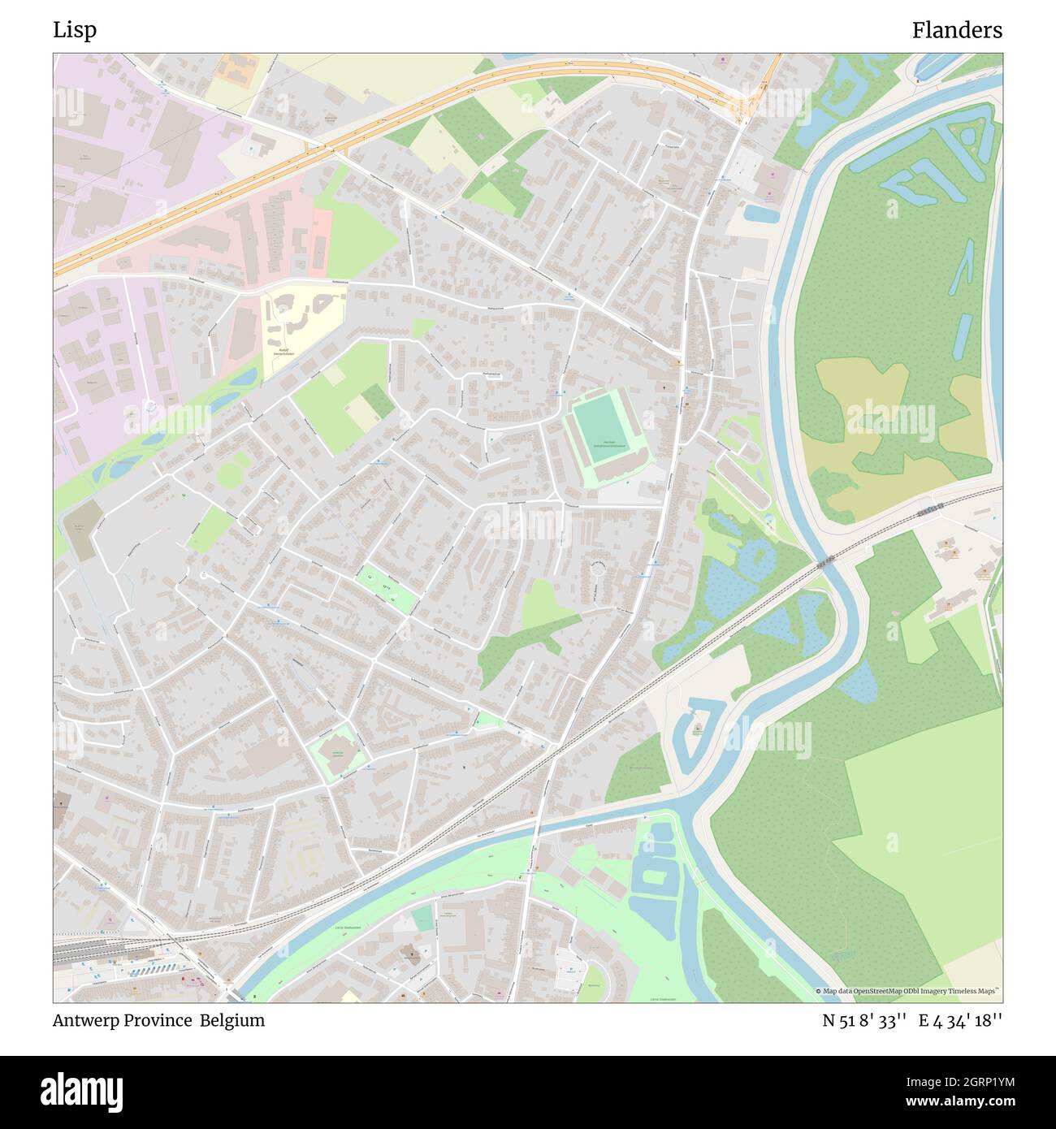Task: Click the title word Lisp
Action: click(75, 30)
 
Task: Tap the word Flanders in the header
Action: click(956, 30)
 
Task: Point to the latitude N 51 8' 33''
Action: click(863, 1020)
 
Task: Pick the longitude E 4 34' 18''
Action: click(960, 1020)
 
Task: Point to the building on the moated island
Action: click(698, 729)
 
